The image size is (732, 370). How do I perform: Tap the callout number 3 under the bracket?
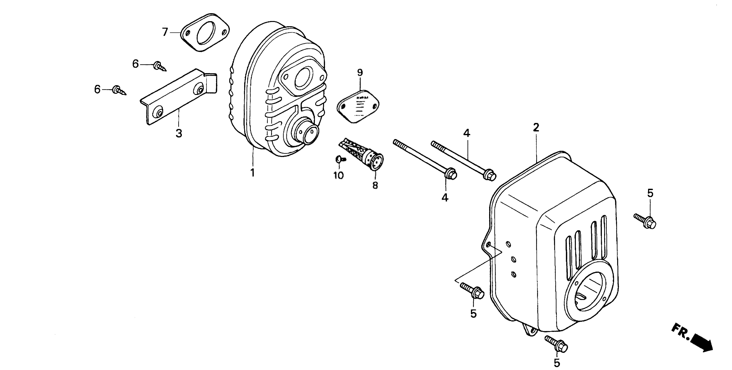click(x=179, y=133)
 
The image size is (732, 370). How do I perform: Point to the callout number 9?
click(x=360, y=72)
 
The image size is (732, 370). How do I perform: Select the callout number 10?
click(x=339, y=175)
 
